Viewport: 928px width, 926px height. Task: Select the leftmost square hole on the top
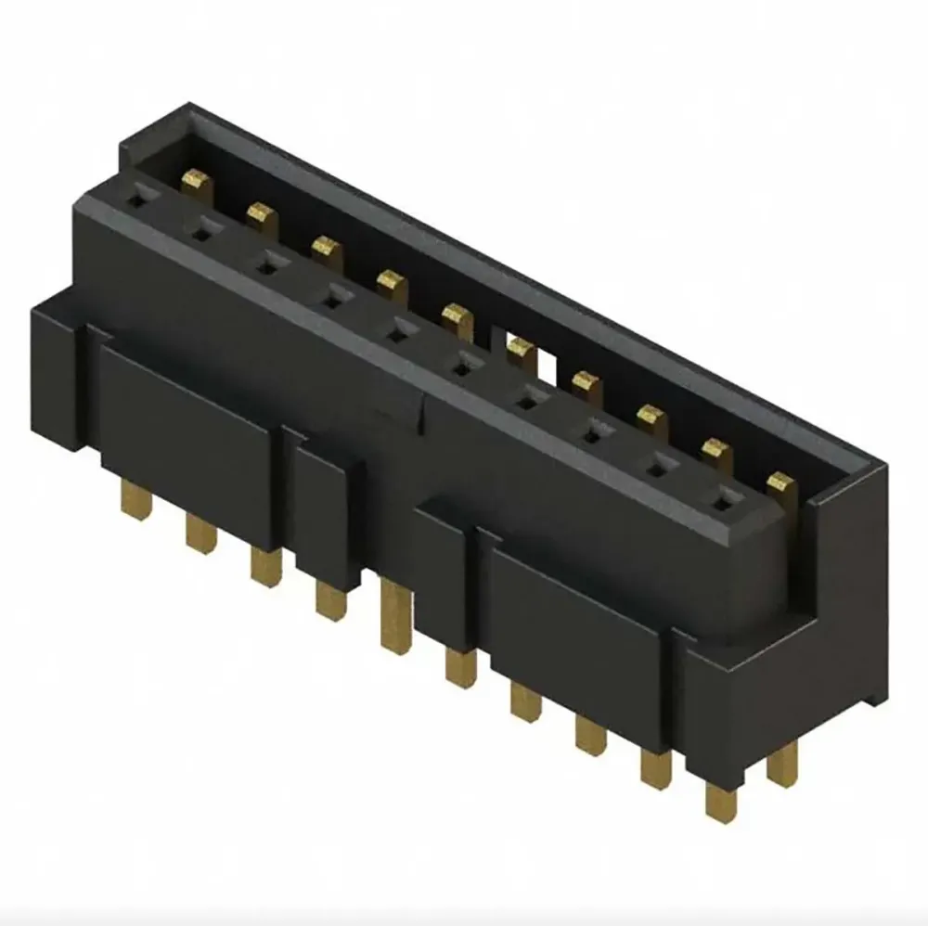tap(135, 197)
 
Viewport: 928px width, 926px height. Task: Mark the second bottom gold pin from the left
tap(200, 534)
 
